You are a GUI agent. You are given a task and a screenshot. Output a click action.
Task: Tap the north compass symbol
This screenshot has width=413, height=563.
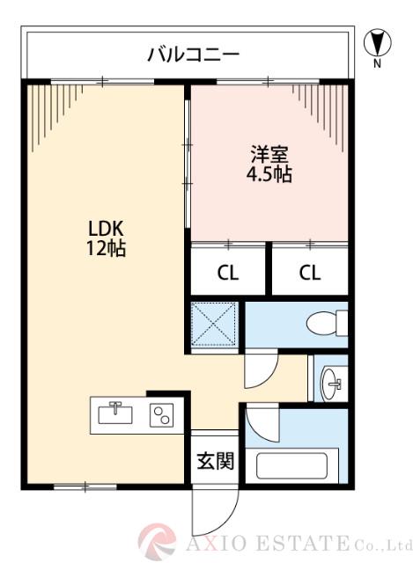point(376,42)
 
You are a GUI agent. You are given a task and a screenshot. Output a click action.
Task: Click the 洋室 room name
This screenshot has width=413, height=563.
point(268,152)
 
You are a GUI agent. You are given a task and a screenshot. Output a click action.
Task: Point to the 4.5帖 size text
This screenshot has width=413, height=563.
point(268,173)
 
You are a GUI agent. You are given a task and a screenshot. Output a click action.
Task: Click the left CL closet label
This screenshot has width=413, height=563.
point(228,272)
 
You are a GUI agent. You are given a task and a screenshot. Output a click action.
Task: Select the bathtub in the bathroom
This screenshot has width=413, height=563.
point(291,464)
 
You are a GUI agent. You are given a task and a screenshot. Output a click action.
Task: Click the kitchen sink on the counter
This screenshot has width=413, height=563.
point(115,413)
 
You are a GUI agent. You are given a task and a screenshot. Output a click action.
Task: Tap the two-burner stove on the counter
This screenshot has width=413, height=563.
point(161,413)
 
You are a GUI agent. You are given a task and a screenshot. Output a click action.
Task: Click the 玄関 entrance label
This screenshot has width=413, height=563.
point(214,460)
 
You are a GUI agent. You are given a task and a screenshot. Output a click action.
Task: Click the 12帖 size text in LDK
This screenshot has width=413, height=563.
point(105,248)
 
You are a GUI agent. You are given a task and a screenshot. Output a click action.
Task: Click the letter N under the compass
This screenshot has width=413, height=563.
point(377,63)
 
